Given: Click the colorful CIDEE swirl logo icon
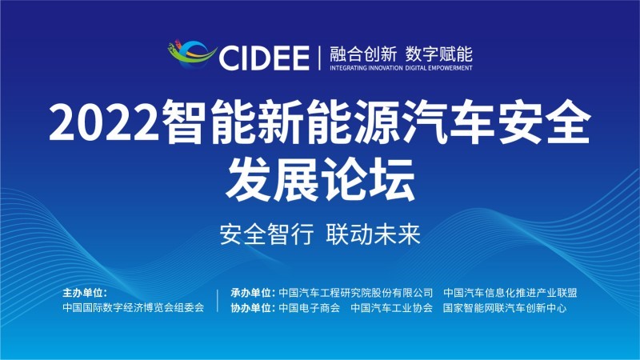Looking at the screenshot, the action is coord(192,54).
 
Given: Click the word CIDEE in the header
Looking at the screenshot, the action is coord(264,58).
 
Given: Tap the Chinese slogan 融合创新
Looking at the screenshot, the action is coord(363,54).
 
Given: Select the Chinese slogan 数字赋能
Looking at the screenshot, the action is coord(438,54).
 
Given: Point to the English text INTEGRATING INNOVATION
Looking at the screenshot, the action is coord(366,68).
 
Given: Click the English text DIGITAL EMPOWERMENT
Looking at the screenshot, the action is coord(438,68).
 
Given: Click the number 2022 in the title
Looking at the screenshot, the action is coord(104,123).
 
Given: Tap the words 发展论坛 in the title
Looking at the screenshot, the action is coord(321,179).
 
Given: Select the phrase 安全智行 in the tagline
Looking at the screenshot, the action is coord(267,234).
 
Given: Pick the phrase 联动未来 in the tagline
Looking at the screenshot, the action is coord(373,234).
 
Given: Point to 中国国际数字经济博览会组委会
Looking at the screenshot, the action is coord(133,307).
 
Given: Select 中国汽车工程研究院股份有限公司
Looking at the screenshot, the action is coord(355,293).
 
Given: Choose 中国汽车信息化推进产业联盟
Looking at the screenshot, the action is coord(510,293).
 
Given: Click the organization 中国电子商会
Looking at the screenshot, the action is coord(309,308).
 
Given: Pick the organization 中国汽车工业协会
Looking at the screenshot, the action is coord(391,308).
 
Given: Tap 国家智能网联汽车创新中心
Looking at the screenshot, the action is coord(505,308).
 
